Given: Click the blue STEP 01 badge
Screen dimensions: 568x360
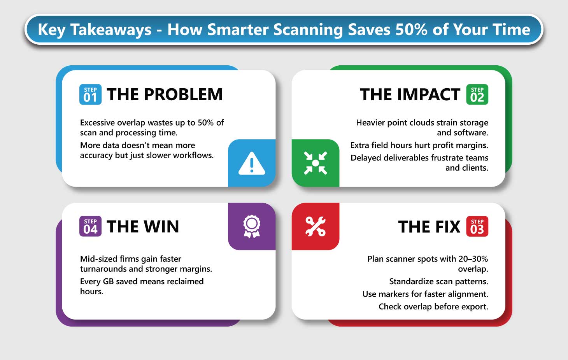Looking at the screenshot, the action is [x=90, y=94].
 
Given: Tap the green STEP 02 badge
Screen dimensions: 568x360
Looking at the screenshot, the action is [x=477, y=94].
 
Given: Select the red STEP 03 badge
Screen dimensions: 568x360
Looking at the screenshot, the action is [x=477, y=226].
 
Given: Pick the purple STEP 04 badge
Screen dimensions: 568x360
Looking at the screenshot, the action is [x=90, y=226].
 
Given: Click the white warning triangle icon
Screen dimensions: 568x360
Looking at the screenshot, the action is [x=252, y=163].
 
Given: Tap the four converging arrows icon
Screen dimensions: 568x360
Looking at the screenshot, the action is [x=316, y=163].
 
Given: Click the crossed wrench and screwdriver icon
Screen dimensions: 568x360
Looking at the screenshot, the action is [x=316, y=227].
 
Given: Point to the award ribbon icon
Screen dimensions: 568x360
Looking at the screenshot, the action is [x=252, y=227].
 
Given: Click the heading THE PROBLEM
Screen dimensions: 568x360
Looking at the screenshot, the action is [x=165, y=94].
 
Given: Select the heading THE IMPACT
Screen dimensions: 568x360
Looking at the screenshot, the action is [x=410, y=94].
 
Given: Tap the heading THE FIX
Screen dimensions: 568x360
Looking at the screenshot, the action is [x=429, y=227].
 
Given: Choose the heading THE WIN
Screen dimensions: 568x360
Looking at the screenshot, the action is [x=143, y=227].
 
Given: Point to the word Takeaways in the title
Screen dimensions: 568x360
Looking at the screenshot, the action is [x=111, y=30].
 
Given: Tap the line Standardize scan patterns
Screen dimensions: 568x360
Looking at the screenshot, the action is [x=438, y=281].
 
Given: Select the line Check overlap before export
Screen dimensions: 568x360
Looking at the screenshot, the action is [x=433, y=307].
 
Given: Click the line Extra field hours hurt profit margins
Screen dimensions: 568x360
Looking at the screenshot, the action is [x=419, y=145].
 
